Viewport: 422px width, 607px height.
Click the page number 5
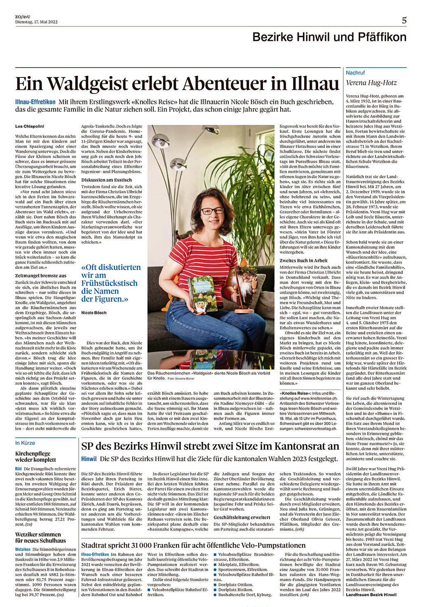tap(404, 20)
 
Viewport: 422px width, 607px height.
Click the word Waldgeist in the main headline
tap(87, 84)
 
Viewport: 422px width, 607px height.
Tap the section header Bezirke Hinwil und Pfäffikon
tap(329, 37)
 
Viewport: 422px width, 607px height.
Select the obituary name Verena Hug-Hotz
tap(371, 83)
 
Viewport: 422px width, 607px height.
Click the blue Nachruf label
tap(355, 72)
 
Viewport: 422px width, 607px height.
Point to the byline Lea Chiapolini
tap(30, 126)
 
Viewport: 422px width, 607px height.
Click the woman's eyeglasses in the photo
tap(212, 211)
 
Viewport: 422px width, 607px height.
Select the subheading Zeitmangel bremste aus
tap(41, 276)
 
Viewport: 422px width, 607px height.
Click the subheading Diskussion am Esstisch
tap(106, 180)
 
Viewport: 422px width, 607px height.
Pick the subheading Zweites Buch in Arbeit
tap(304, 261)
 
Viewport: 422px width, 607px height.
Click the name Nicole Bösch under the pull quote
tap(94, 313)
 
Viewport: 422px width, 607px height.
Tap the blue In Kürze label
tap(25, 443)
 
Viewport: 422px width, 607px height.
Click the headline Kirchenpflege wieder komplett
tap(35, 456)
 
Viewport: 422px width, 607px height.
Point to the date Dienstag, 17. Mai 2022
tap(36, 22)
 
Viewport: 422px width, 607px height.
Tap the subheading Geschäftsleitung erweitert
tap(242, 517)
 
